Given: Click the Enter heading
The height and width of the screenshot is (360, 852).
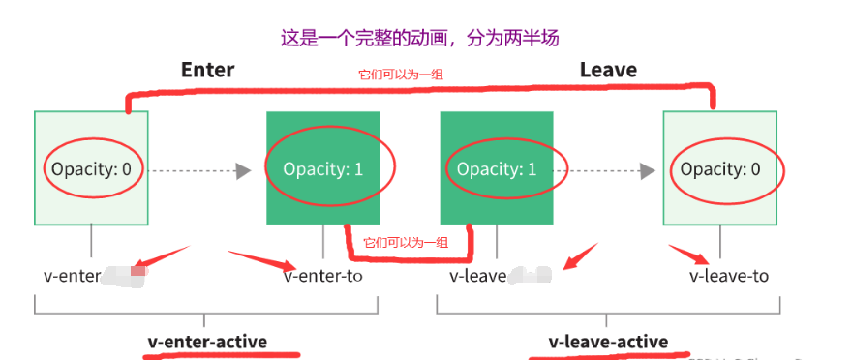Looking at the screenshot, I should point(207,70).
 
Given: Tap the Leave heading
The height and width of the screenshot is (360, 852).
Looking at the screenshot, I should point(608,70).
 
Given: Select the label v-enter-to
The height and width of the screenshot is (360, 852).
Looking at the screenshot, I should point(324,276).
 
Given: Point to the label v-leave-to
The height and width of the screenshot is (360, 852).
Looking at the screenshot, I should point(729,276).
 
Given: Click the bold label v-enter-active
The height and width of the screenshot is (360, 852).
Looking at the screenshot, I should point(207,341).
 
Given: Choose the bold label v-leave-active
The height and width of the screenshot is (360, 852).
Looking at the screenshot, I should point(608,341).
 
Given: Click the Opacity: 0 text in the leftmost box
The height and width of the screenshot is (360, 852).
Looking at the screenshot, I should point(92,169).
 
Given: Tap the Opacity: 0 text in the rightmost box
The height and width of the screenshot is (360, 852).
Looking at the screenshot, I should point(720,169).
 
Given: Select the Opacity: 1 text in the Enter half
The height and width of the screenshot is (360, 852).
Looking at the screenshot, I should point(323,169).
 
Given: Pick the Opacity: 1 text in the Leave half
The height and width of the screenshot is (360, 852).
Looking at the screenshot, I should point(497,169).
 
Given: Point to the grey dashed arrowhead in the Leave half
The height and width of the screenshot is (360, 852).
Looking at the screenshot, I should point(646,170).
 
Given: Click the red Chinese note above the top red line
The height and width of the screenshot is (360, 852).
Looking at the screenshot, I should point(401,74).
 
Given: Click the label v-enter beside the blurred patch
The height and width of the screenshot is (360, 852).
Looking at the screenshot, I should point(73,276).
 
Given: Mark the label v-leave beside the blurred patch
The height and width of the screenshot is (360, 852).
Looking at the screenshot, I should point(478,276).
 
